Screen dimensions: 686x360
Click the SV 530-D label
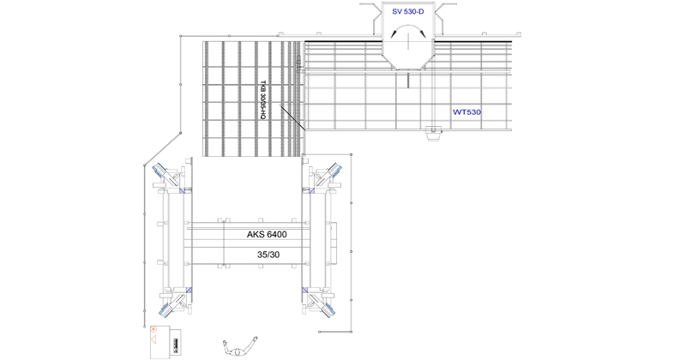(x=408, y=12)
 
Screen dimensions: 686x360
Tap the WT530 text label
(x=466, y=112)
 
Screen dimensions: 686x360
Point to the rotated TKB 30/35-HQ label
(x=263, y=100)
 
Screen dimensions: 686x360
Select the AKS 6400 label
(x=267, y=235)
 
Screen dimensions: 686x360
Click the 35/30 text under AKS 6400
(x=268, y=255)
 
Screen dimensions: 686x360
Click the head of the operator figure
(x=237, y=351)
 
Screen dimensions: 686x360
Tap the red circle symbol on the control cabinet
(x=153, y=329)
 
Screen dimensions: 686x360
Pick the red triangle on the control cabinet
(x=153, y=339)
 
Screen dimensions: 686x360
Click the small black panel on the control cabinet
(x=176, y=343)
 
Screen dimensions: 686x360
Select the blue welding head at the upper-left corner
(x=159, y=170)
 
